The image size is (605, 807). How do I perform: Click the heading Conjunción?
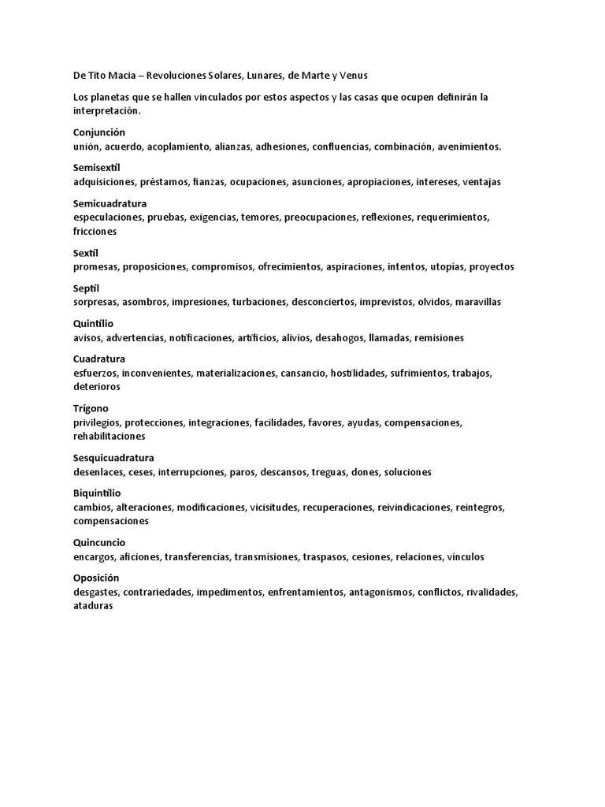(99, 132)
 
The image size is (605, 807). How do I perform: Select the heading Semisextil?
(97, 168)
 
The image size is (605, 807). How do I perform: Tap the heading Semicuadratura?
(110, 203)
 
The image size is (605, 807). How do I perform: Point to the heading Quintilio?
(94, 323)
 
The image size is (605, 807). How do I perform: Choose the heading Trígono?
(91, 408)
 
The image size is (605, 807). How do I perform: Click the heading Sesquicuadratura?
(113, 458)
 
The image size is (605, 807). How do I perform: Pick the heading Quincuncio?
(99, 542)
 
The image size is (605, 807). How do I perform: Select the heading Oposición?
(96, 578)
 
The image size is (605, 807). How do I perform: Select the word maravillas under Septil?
(473, 302)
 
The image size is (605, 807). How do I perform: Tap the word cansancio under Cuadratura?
(302, 373)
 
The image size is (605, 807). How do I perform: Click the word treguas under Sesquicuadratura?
(328, 472)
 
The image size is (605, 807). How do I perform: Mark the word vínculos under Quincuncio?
(465, 556)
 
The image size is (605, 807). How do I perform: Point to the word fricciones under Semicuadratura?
(95, 231)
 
